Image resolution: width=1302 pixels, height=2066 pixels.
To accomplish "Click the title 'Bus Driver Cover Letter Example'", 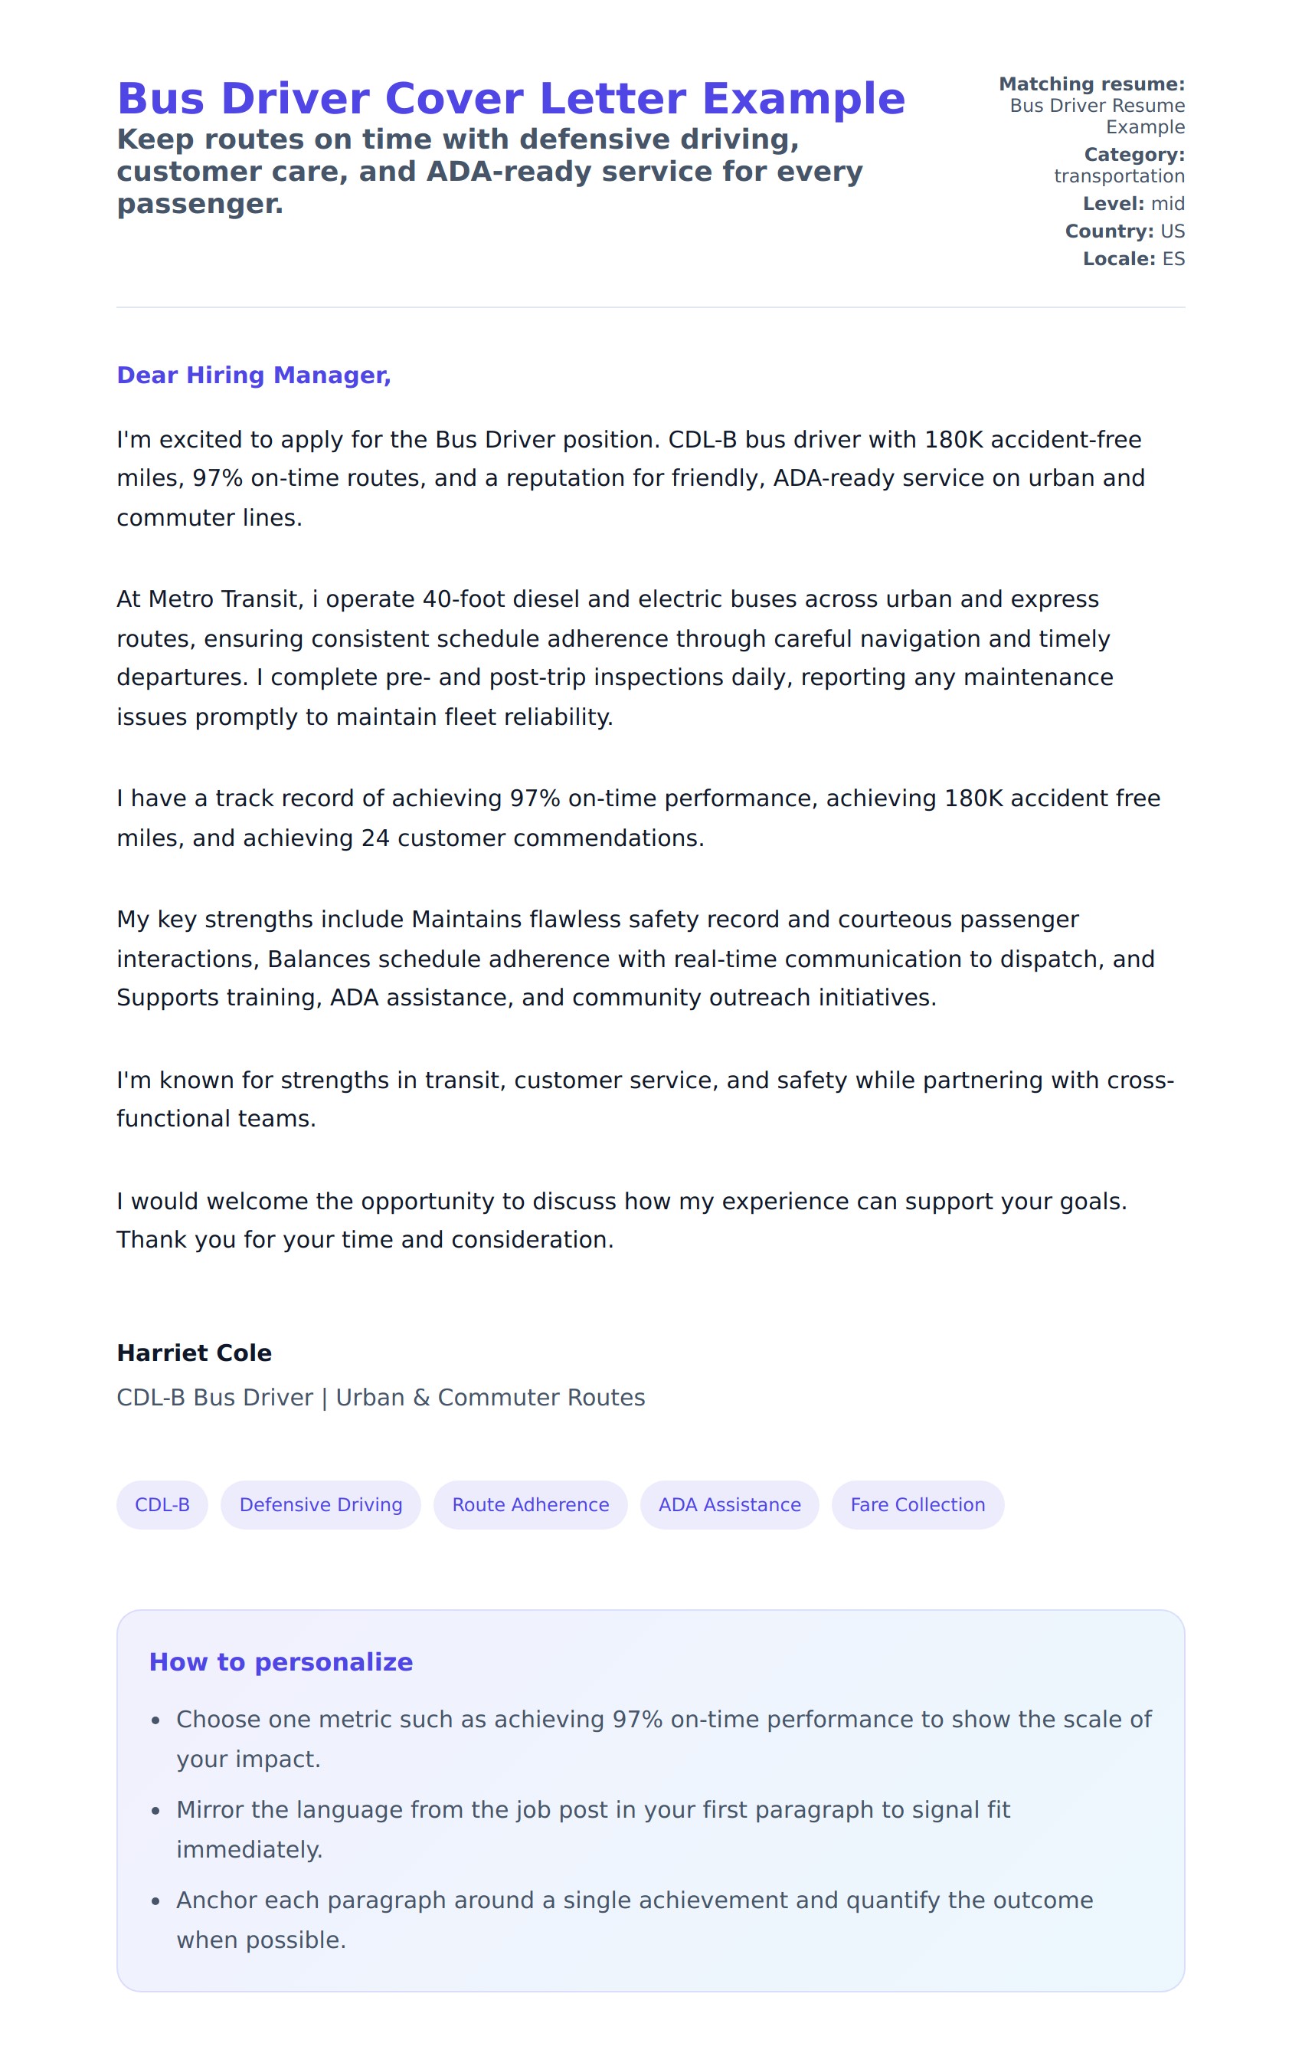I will tap(510, 99).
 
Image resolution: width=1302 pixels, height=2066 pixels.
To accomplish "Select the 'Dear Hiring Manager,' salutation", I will tap(253, 375).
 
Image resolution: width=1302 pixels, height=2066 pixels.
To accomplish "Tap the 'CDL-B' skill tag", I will tap(162, 1504).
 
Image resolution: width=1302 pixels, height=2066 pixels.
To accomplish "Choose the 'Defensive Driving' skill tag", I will tap(320, 1504).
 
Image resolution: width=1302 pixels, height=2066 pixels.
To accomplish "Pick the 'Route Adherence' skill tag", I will tap(530, 1504).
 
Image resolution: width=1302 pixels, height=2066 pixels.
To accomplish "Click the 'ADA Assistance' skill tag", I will tap(729, 1504).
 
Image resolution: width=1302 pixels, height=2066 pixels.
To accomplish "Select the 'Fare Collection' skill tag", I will tap(917, 1504).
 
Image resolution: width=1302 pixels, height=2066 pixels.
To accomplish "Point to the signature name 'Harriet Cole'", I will tap(194, 1353).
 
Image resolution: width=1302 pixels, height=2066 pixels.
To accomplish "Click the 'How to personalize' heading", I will tap(280, 1662).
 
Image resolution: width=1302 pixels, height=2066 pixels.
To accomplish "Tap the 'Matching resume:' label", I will tap(1091, 84).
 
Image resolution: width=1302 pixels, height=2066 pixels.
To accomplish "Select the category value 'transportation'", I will tap(1118, 176).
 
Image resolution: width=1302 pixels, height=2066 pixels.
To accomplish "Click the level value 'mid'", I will tap(1167, 203).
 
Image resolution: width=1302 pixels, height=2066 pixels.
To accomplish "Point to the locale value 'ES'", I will tap(1173, 259).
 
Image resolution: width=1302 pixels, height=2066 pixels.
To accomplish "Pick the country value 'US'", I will tap(1172, 231).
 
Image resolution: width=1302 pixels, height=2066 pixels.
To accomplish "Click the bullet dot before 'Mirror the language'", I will tap(155, 1811).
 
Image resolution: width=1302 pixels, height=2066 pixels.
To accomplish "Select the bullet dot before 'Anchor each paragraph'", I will tap(155, 1901).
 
